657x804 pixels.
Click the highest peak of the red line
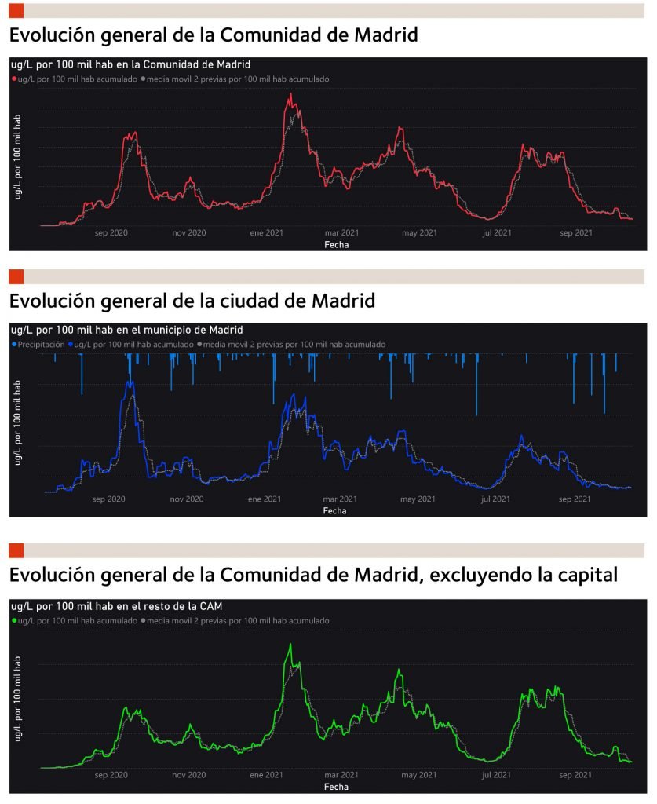tap(291, 94)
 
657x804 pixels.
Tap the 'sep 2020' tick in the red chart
tap(111, 232)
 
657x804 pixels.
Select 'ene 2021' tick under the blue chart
tap(265, 499)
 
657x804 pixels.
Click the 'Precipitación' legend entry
tap(39, 344)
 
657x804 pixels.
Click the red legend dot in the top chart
tap(14, 79)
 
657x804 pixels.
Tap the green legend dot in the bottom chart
tap(14, 620)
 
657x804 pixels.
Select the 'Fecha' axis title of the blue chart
tap(334, 510)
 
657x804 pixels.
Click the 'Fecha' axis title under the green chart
tap(336, 786)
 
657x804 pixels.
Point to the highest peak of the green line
tap(290, 645)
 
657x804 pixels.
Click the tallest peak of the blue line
tap(130, 382)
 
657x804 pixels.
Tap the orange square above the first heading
tap(16, 11)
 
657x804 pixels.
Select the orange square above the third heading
tap(16, 550)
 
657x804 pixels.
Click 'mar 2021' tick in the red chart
tap(341, 232)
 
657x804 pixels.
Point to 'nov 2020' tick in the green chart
tap(188, 775)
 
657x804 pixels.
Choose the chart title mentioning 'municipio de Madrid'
tap(127, 330)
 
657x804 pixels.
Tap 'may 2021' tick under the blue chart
tap(417, 499)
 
